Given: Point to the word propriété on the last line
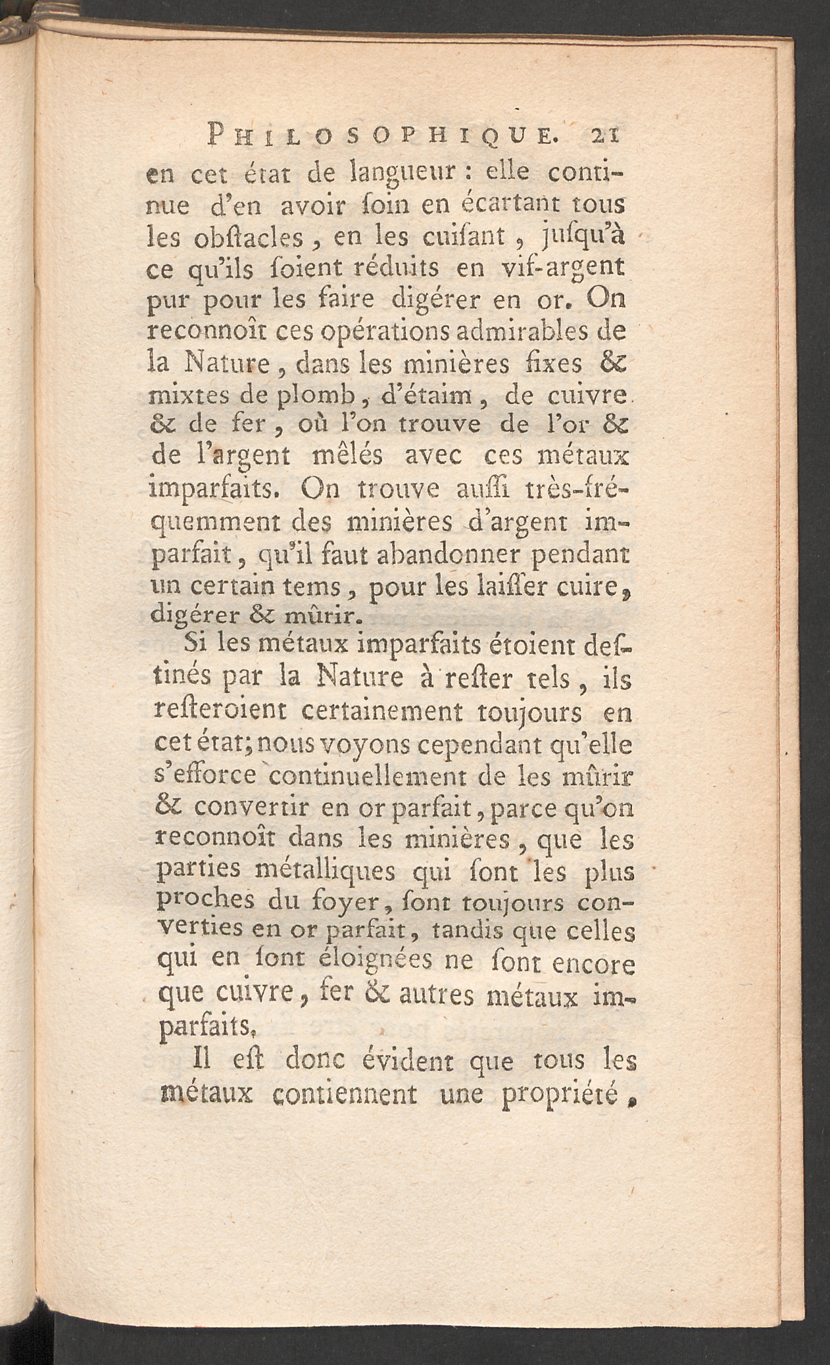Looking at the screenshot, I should tap(568, 1095).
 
